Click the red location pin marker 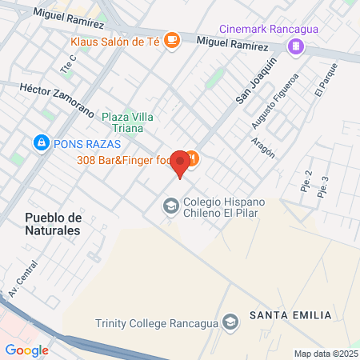point(181,162)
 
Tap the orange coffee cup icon point(171,41)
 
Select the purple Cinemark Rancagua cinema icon point(297,46)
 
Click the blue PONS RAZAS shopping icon point(39,144)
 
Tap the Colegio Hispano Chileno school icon point(170,207)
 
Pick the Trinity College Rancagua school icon point(230,322)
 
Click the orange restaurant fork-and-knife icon point(191,160)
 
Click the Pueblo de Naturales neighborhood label point(53,223)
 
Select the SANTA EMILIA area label point(290,315)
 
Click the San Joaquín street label point(255,79)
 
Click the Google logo point(26,350)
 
